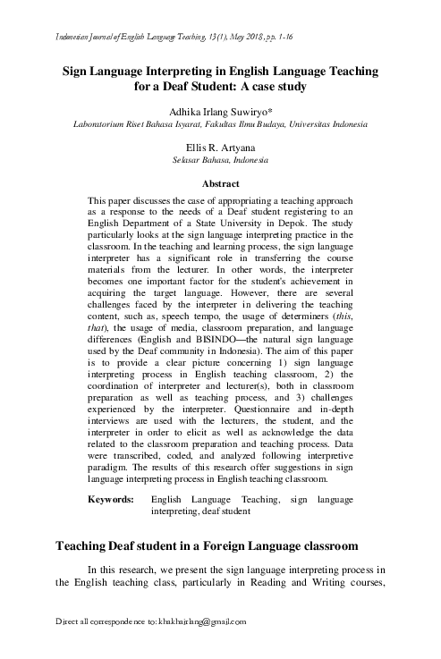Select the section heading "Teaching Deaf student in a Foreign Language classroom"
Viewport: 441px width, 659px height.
208,545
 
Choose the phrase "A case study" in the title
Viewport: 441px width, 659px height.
270,87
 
